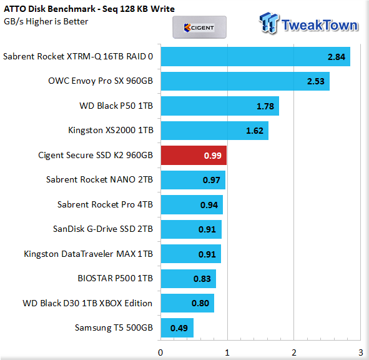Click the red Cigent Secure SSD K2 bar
(x=194, y=155)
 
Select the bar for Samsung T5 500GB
(x=177, y=327)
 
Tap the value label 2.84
(x=337, y=57)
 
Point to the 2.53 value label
(x=315, y=81)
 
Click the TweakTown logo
(x=309, y=24)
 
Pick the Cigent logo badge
(x=199, y=27)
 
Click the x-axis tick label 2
(x=294, y=352)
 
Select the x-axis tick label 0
(x=160, y=352)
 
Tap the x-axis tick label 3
(x=360, y=352)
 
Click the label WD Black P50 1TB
(x=116, y=106)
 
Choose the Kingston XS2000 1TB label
(x=111, y=130)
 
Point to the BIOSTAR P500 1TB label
(x=116, y=278)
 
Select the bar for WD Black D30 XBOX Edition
(x=187, y=303)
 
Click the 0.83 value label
(x=202, y=279)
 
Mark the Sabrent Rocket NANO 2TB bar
(x=193, y=180)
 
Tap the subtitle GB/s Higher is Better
(x=46, y=22)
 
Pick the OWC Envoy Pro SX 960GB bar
(x=245, y=81)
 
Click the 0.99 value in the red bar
(x=213, y=156)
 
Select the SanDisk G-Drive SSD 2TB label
(x=103, y=229)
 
